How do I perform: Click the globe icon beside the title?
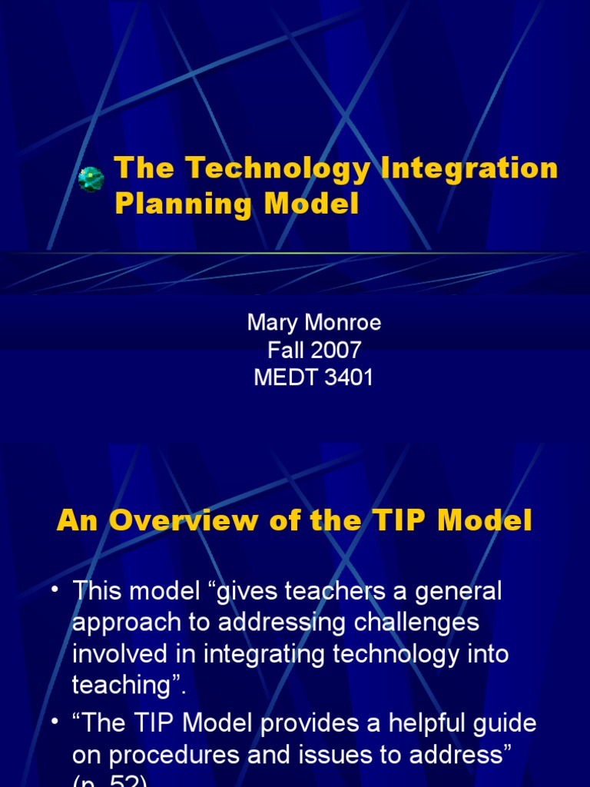tap(91, 179)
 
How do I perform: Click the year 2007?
tap(336, 350)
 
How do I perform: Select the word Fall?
tap(284, 350)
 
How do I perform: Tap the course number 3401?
tap(347, 378)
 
